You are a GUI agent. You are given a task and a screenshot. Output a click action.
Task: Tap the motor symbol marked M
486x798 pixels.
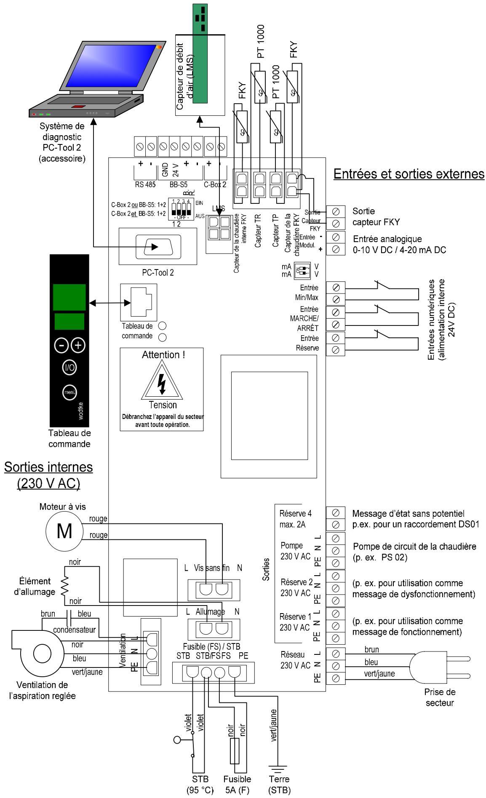[x=64, y=531]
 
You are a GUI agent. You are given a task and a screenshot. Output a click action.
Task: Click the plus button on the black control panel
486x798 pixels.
[x=78, y=345]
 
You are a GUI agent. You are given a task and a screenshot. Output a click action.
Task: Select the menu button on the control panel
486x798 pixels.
[x=69, y=392]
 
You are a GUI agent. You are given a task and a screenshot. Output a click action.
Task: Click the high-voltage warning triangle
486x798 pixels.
[x=162, y=381]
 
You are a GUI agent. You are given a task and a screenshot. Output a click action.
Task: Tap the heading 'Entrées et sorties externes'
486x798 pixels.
[x=409, y=173]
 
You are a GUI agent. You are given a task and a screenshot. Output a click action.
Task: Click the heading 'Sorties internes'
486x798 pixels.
[x=48, y=467]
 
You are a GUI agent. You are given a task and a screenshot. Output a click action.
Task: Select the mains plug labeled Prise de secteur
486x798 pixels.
[x=434, y=666]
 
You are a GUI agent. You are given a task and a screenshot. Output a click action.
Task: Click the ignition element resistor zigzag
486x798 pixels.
[x=64, y=586]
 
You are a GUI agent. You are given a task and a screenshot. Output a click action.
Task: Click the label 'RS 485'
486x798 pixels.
[x=145, y=184]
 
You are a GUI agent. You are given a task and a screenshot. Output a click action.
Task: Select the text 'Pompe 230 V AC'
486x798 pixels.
[x=295, y=551]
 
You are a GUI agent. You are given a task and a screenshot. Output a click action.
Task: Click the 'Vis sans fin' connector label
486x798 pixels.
[x=211, y=568]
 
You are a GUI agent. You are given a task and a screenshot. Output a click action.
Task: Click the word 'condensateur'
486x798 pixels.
[x=74, y=630]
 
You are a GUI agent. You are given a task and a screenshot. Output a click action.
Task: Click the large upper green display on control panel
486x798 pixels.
[x=69, y=297]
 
